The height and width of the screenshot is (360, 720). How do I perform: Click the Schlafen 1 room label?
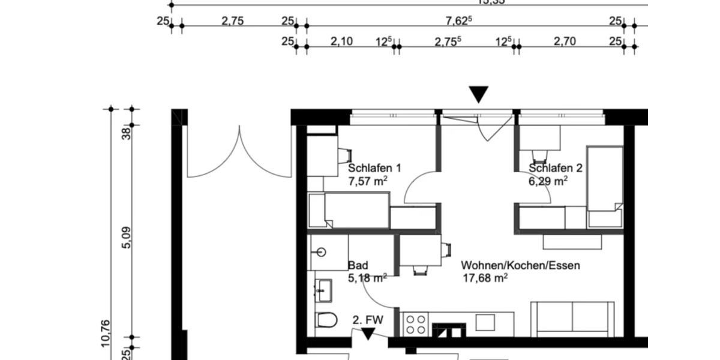click(x=374, y=168)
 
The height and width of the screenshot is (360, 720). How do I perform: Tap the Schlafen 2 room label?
click(x=556, y=168)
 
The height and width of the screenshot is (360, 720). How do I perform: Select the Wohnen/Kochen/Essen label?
click(x=520, y=265)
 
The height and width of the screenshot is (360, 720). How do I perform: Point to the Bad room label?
click(x=358, y=265)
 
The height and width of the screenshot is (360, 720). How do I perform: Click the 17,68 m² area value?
click(x=485, y=277)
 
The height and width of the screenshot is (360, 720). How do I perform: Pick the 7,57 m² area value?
click(x=367, y=180)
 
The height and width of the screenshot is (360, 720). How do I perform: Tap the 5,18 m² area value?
click(x=367, y=277)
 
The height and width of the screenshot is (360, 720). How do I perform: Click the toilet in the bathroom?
click(x=326, y=321)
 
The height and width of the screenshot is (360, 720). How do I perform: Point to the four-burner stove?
click(x=415, y=323)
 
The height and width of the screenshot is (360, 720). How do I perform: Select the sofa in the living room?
click(x=572, y=319)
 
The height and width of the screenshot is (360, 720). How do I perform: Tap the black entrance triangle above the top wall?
click(x=478, y=94)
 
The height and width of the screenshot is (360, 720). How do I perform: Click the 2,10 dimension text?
click(x=341, y=41)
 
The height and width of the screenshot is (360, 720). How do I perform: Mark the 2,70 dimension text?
click(x=565, y=41)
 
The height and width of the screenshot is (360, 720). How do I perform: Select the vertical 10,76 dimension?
click(x=106, y=333)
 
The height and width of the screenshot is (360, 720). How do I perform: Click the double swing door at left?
click(x=239, y=153)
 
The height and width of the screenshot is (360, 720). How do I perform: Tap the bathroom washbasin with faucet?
click(x=324, y=291)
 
